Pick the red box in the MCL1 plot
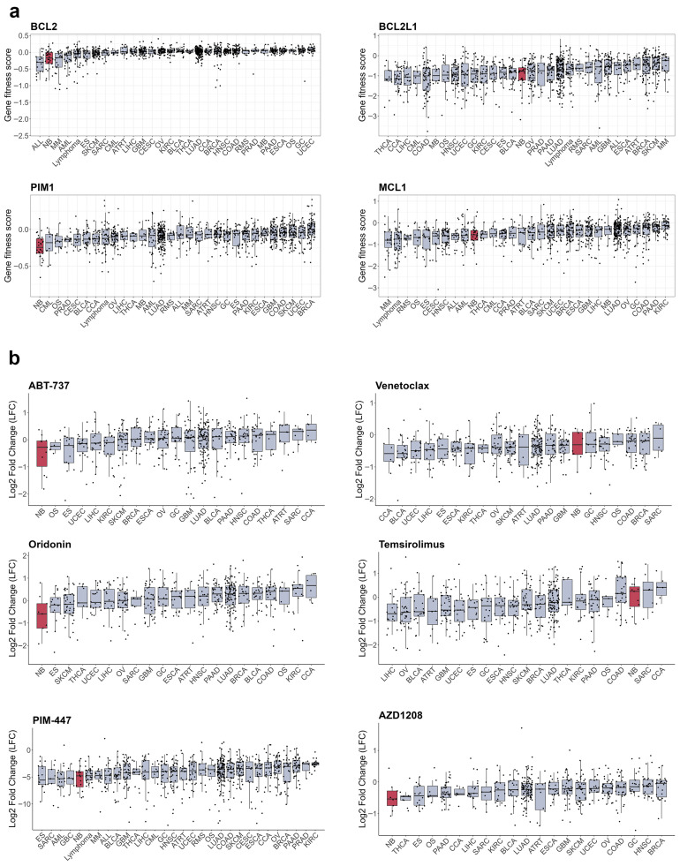coord(474,235)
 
